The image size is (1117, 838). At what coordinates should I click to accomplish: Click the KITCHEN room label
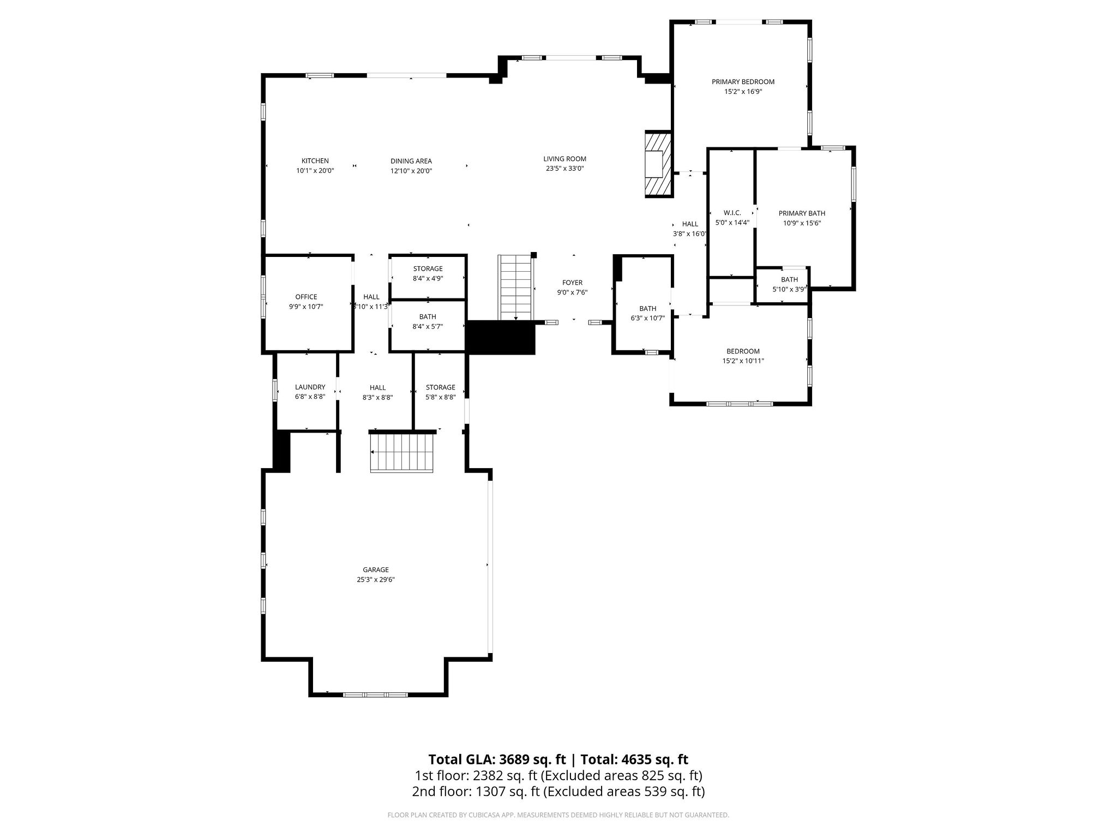pyautogui.click(x=315, y=161)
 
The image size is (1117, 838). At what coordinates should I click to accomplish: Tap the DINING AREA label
pyautogui.click(x=411, y=161)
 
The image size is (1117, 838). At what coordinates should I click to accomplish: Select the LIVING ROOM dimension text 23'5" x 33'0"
pyautogui.click(x=565, y=169)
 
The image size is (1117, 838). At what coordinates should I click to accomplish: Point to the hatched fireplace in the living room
pyautogui.click(x=658, y=164)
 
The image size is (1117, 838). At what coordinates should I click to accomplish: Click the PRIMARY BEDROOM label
pyautogui.click(x=743, y=82)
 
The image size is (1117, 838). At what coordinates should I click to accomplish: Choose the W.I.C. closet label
pyautogui.click(x=732, y=213)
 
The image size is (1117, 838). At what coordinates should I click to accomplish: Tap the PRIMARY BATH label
pyautogui.click(x=802, y=213)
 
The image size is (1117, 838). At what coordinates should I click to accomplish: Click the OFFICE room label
pyautogui.click(x=306, y=297)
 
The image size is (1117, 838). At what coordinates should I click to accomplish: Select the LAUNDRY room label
pyautogui.click(x=310, y=387)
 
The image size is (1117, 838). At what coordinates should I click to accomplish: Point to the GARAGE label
pyautogui.click(x=376, y=570)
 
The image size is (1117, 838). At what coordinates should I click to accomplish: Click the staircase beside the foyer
pyautogui.click(x=515, y=287)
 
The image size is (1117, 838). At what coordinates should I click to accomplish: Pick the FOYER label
pyautogui.click(x=573, y=283)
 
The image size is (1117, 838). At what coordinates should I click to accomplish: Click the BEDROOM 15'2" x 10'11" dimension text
pyautogui.click(x=743, y=361)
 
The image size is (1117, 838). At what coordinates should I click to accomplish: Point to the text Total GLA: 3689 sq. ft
pyautogui.click(x=497, y=759)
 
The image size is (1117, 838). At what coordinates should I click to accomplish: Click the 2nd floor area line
pyautogui.click(x=558, y=791)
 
